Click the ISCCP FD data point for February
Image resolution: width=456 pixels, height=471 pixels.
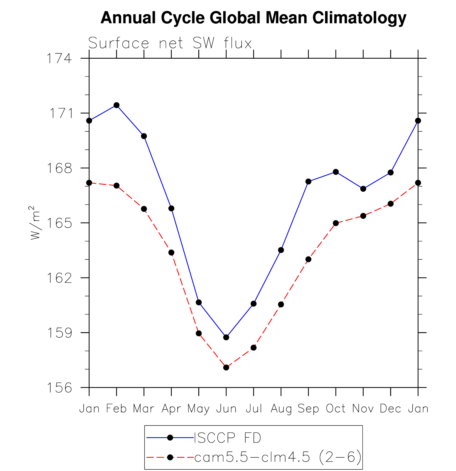(117, 105)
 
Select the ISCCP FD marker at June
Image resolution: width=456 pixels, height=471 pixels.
(226, 337)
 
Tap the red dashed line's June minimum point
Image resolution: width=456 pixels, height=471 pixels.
(226, 367)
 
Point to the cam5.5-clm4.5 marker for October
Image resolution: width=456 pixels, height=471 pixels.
(336, 223)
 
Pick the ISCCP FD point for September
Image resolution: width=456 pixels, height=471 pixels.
(308, 182)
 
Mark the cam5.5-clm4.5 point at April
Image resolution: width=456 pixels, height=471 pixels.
(171, 252)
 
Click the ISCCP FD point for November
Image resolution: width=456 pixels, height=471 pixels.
(363, 189)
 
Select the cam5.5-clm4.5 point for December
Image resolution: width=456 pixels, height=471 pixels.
(391, 204)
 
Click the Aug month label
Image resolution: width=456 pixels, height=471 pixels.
(281, 408)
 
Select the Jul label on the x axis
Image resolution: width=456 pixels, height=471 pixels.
(254, 408)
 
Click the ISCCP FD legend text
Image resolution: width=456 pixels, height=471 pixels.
(227, 438)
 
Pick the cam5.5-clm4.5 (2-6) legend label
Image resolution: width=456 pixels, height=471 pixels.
(278, 457)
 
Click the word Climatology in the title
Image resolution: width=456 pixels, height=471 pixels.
(359, 18)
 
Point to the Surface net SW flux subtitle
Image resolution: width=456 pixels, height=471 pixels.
(170, 43)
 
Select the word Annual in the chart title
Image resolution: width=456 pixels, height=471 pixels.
(128, 18)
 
